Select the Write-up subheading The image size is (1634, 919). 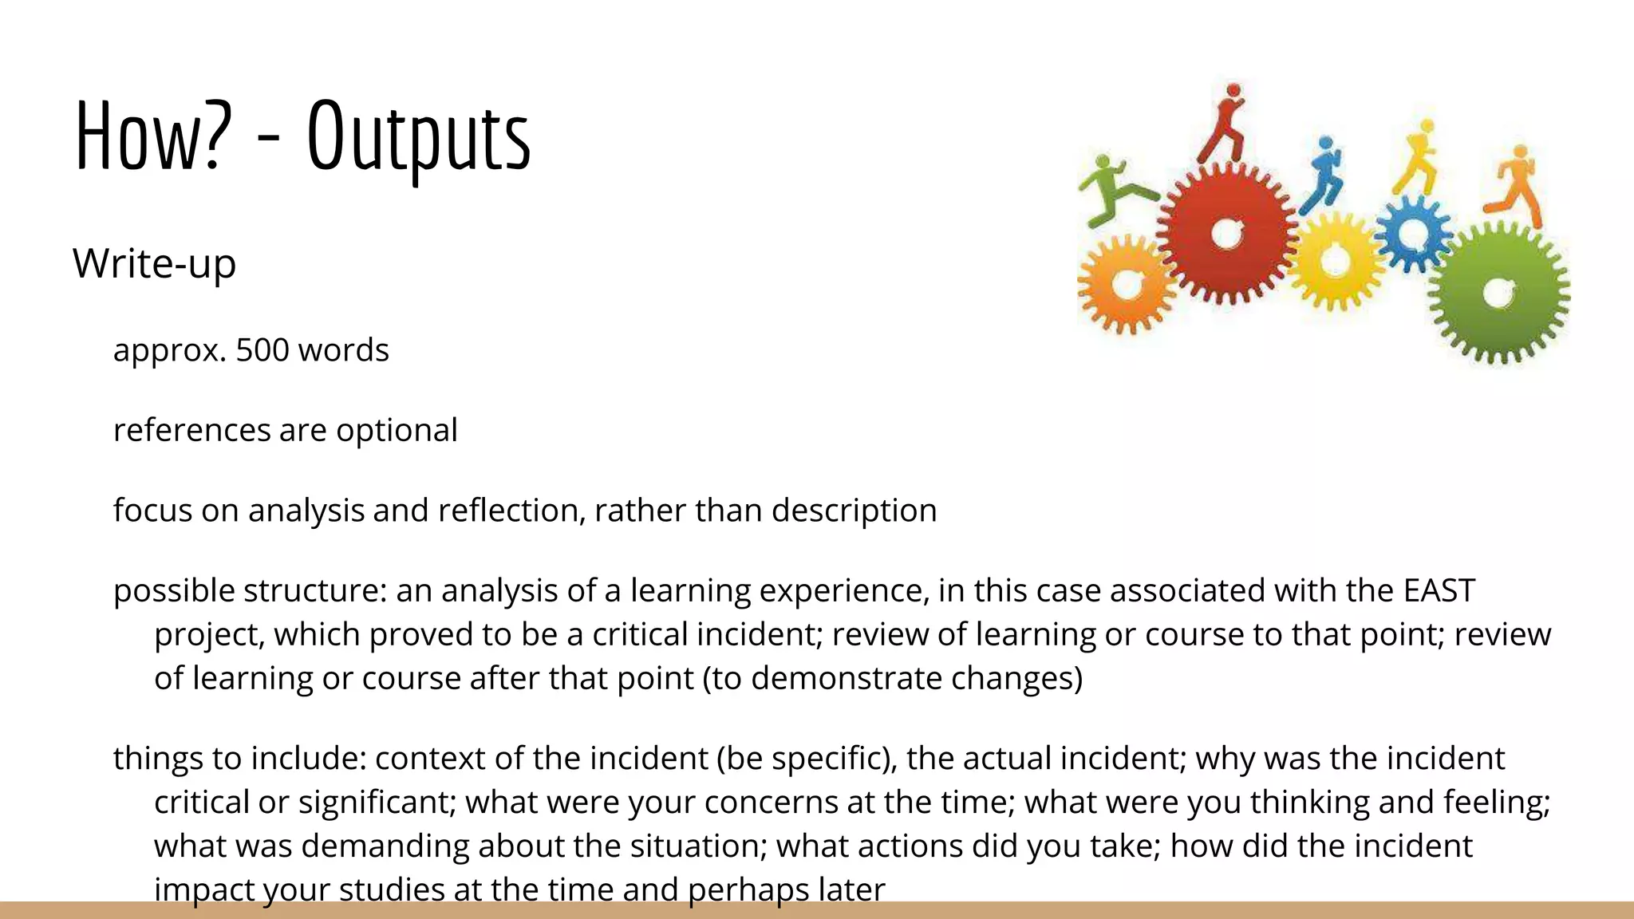coord(155,263)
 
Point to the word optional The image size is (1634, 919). coord(397,431)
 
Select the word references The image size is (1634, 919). coord(192,431)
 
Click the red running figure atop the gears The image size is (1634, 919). coord(1225,124)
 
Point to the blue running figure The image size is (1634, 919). coord(1323,174)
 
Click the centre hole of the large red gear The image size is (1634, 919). coord(1225,234)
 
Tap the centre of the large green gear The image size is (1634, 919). coord(1498,294)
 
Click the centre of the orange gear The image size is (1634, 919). coord(1125,284)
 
